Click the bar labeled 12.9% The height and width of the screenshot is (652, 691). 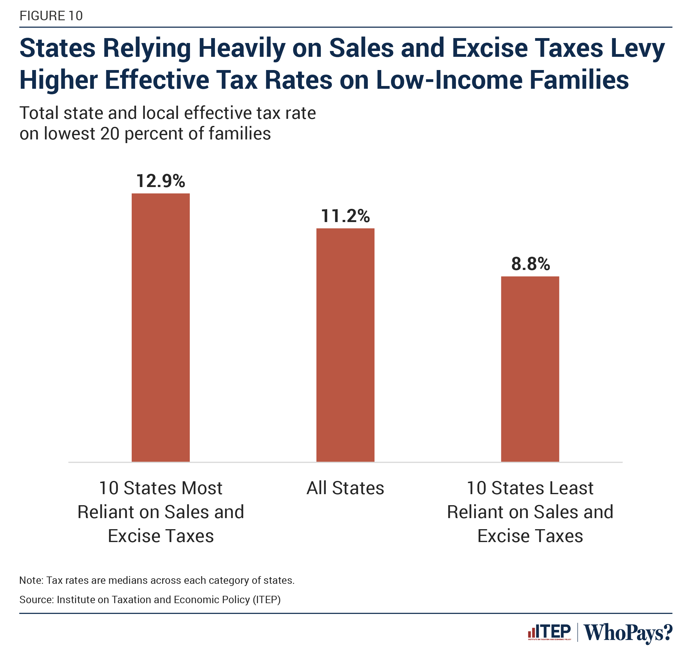[x=161, y=327]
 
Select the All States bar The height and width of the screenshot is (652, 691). [x=345, y=345]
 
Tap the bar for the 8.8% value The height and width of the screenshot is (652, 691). [x=530, y=369]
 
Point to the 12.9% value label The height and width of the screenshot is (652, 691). [x=161, y=181]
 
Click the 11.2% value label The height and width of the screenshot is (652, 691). [x=345, y=216]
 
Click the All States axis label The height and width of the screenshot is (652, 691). [x=345, y=488]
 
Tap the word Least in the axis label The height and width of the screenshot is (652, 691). [x=571, y=488]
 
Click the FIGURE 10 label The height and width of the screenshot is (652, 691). [x=51, y=16]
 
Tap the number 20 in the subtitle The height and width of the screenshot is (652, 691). [x=110, y=134]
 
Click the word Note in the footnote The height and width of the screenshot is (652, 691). [x=31, y=580]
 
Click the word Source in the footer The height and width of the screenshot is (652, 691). [x=36, y=599]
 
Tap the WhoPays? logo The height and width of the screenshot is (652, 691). [x=628, y=633]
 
